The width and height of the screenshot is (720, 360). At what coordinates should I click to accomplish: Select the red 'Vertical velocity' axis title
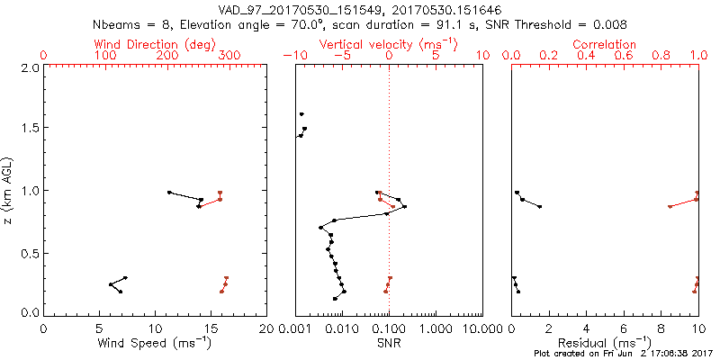tap(388, 44)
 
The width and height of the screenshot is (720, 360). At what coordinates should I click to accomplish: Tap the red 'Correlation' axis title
tap(605, 44)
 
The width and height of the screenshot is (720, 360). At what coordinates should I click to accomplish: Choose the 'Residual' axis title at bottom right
tap(605, 343)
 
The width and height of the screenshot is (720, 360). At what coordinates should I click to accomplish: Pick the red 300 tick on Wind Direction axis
tap(229, 56)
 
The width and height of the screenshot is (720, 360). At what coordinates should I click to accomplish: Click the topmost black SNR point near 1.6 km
tap(301, 114)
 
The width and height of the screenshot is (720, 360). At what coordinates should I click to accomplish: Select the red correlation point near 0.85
tap(670, 206)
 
